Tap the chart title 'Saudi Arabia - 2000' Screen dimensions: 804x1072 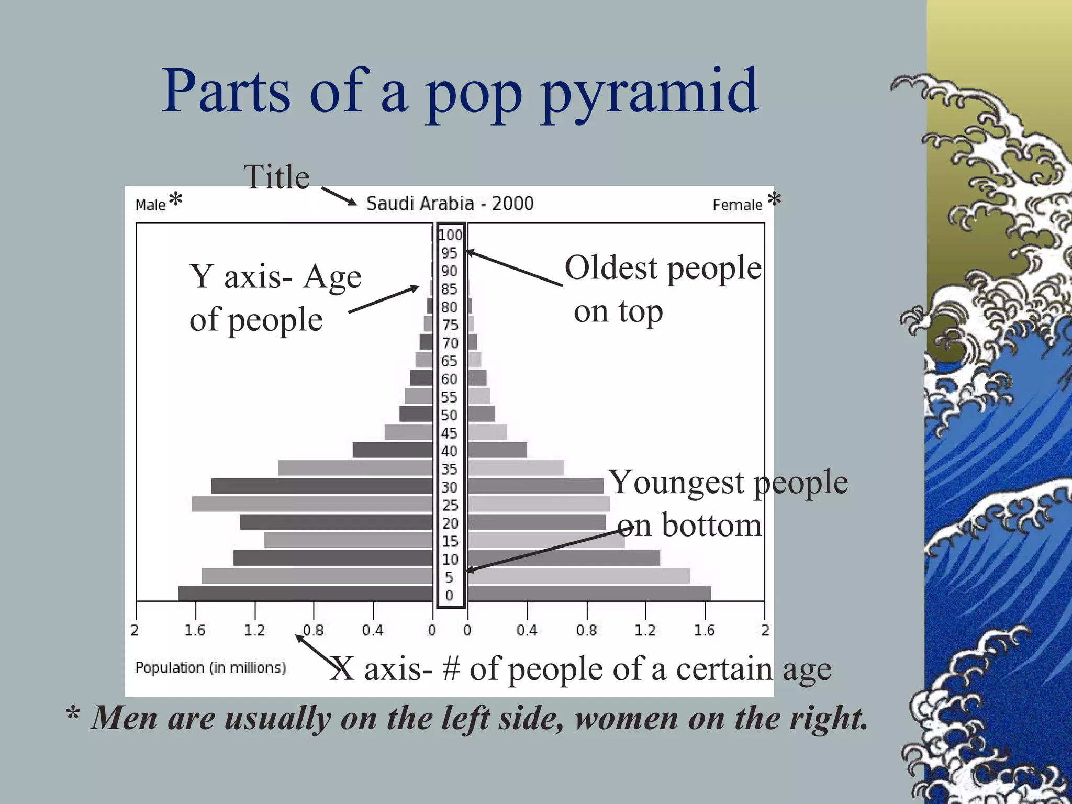450,203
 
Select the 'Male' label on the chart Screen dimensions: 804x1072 150,205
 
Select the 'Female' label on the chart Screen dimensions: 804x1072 737,205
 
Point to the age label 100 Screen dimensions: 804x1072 450,235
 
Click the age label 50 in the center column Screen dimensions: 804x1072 449,415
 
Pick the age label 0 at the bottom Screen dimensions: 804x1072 449,595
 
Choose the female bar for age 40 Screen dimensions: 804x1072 497,450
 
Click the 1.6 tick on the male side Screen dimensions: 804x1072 195,630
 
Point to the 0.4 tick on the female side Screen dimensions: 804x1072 527,630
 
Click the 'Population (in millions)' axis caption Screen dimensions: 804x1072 210,667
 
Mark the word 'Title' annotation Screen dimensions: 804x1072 276,177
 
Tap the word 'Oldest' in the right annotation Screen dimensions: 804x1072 611,268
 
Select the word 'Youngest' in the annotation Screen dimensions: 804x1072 677,482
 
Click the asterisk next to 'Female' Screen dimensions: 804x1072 774,199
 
